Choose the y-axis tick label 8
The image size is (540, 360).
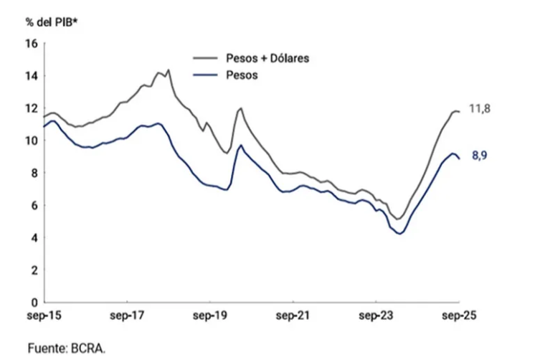tap(33, 173)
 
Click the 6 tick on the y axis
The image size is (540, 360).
tap(33, 205)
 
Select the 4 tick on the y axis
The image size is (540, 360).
tap(33, 237)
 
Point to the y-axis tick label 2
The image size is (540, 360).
tap(33, 270)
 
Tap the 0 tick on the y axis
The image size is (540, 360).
tap(33, 303)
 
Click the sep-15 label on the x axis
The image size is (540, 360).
tap(42, 316)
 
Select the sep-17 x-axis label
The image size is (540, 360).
tap(126, 316)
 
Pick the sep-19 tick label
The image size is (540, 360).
tap(209, 316)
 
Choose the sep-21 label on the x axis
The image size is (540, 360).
tap(293, 316)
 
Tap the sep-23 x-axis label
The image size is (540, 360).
tap(376, 316)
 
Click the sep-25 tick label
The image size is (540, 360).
tap(459, 316)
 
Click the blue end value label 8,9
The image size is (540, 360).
tap(480, 156)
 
